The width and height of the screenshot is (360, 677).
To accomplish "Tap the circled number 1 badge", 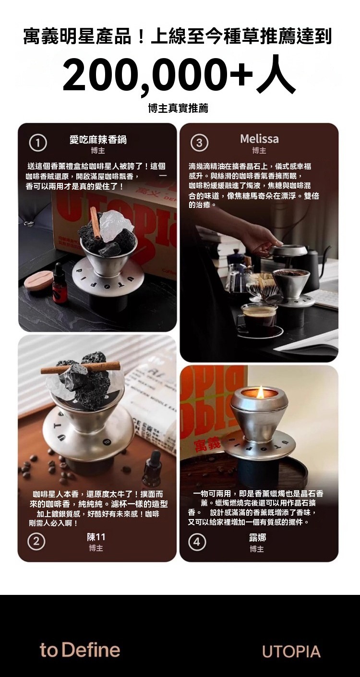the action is tap(38, 144).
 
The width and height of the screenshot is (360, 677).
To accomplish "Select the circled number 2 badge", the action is tap(36, 542).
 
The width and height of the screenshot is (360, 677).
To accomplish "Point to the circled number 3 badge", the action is tap(199, 143).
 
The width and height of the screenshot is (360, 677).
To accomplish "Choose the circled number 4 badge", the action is tap(197, 542).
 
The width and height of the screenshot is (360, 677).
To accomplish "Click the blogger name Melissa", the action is tap(259, 139).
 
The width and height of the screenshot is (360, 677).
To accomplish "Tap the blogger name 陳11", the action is tap(96, 537).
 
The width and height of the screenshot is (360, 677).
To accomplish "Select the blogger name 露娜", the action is tap(258, 537).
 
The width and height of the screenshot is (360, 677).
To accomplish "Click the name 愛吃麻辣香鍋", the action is tap(98, 140).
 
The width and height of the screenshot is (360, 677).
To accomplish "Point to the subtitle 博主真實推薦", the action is tap(179, 108).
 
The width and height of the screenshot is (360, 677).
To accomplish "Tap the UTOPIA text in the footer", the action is tap(291, 651).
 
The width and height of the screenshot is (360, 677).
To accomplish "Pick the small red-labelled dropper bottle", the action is tap(59, 282).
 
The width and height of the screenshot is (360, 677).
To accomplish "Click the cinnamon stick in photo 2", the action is tap(81, 367).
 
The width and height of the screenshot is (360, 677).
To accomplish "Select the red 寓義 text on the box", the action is tap(209, 445).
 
